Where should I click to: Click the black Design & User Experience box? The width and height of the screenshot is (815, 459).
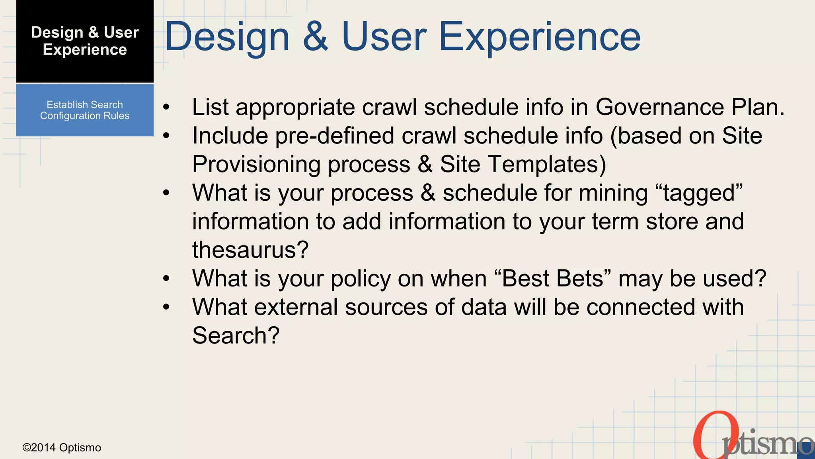[85, 41]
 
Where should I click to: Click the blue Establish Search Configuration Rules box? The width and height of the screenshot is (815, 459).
[85, 110]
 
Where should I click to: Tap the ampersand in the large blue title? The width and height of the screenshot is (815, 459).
[316, 37]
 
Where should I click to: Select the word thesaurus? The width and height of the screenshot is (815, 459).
[250, 250]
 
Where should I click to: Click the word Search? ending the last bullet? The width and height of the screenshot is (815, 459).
[236, 335]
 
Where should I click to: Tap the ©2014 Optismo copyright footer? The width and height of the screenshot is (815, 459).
[62, 447]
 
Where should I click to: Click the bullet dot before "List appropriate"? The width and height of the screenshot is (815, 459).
[166, 108]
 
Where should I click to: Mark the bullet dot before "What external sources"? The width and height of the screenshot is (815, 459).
[166, 307]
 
